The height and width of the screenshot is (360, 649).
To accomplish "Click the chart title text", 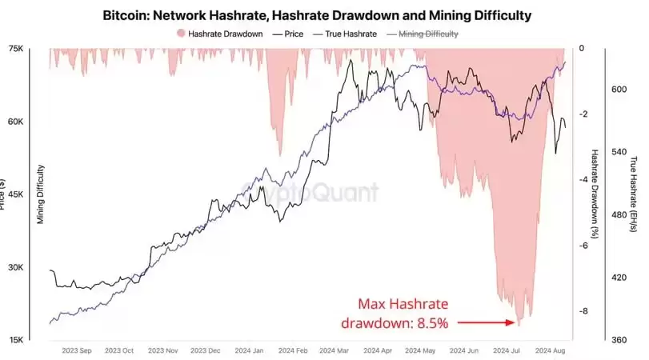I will (x=317, y=15).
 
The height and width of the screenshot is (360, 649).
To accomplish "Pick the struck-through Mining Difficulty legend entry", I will (x=423, y=34).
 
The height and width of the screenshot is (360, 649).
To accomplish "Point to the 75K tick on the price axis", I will (x=16, y=49).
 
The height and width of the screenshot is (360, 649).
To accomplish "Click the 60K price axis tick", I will (x=16, y=122).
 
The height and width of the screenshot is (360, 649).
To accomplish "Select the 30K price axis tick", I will (x=16, y=267).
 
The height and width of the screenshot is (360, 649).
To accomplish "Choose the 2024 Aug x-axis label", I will (x=550, y=350).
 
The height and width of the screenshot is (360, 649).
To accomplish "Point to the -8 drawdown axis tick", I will (x=583, y=310).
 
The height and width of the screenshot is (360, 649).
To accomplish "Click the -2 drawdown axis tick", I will (x=583, y=114).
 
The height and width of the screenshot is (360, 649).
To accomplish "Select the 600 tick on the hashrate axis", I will (x=619, y=90).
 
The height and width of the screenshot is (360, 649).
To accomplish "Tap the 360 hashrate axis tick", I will (x=619, y=340).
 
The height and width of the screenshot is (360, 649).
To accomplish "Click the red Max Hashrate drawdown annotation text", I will (x=403, y=314).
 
